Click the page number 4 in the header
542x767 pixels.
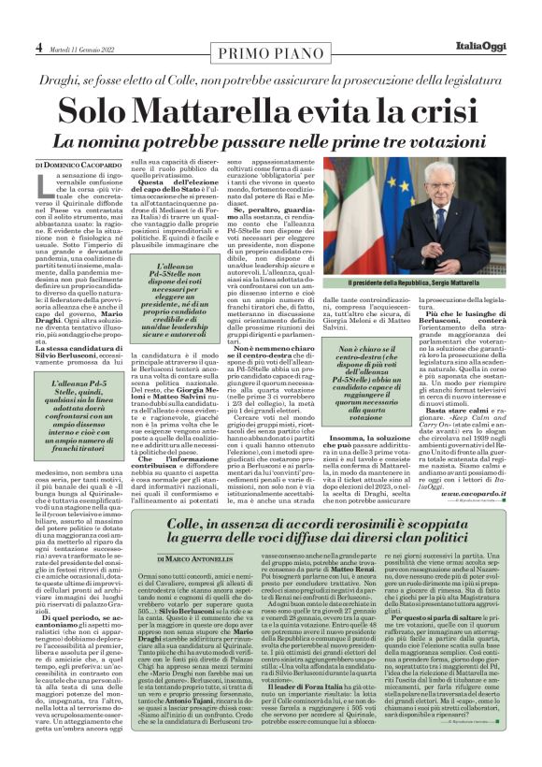coord(39,45)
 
